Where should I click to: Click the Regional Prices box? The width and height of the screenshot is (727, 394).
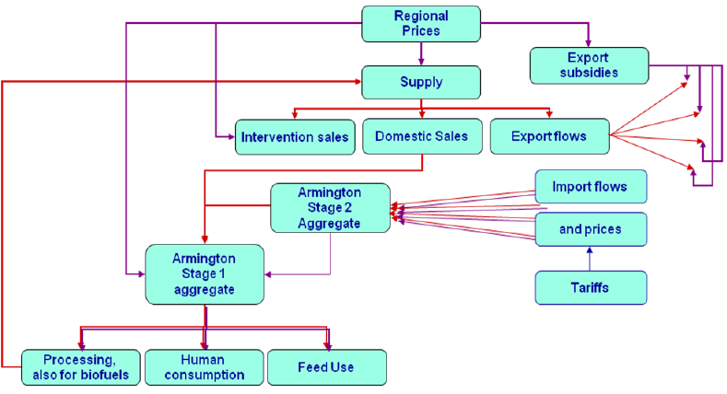tap(421, 23)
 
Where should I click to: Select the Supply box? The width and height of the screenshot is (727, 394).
tap(421, 82)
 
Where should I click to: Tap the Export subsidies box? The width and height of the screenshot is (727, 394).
tap(588, 64)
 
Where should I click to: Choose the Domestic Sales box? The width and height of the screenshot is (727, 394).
tap(421, 136)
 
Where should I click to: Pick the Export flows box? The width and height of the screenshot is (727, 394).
tap(550, 136)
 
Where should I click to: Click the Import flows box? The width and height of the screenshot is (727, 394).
tap(590, 187)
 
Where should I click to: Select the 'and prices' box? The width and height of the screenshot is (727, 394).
tap(590, 229)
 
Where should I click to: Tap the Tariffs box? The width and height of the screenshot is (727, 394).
tap(590, 287)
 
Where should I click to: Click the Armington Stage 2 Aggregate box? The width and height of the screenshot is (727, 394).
tap(329, 208)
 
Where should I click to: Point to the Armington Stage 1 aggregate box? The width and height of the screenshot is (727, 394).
tap(205, 273)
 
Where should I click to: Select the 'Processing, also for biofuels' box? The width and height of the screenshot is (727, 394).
tap(81, 366)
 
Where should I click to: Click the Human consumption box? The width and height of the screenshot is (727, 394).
tap(204, 366)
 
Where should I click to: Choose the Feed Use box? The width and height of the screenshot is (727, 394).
tap(325, 366)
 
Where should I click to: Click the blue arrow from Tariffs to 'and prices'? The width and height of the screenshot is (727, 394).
tap(590, 258)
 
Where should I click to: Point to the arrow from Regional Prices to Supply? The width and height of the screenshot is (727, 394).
tap(421, 53)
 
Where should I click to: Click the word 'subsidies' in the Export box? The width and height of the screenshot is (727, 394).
tap(587, 72)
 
